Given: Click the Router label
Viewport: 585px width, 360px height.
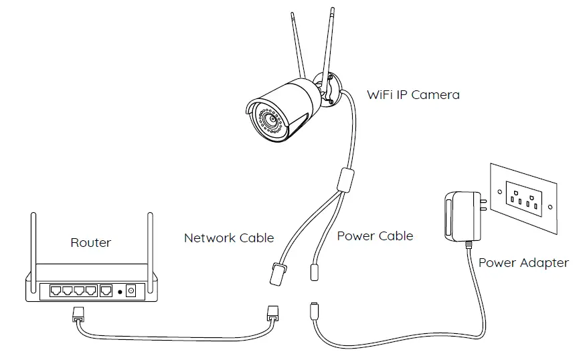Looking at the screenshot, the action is tap(90, 243).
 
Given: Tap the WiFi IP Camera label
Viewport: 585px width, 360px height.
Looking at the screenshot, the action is tap(413, 95).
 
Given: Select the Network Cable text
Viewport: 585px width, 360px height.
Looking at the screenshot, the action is tap(229, 238).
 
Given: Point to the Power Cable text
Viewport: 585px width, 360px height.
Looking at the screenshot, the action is tap(375, 236).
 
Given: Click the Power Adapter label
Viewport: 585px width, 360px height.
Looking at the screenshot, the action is tap(523, 263).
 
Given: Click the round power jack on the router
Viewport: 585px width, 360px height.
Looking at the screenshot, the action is tap(131, 290).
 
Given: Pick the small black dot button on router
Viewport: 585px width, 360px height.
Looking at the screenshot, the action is tap(120, 292).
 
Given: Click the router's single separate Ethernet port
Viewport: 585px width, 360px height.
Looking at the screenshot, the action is tap(106, 290).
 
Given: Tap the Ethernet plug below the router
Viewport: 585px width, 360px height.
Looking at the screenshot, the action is tap(78, 314).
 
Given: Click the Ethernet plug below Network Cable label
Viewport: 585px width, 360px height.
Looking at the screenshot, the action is tap(272, 313).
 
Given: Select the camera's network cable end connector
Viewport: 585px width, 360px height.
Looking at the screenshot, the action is tap(277, 274).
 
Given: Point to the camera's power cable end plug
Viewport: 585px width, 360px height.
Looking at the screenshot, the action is tap(315, 272).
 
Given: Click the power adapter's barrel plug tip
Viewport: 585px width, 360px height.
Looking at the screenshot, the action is tap(314, 310).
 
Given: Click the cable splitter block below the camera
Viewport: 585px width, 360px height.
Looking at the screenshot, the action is tap(345, 180).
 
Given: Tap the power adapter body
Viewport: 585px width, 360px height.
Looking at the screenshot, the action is tap(463, 216).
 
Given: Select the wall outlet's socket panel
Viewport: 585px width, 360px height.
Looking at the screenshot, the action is tap(524, 199).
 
